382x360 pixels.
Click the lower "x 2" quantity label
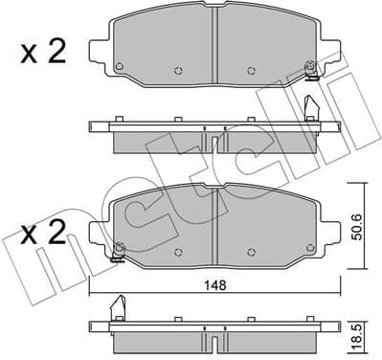point(42,233)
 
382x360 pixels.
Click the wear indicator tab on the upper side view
point(310,106)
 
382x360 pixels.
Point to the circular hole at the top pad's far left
point(118,66)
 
